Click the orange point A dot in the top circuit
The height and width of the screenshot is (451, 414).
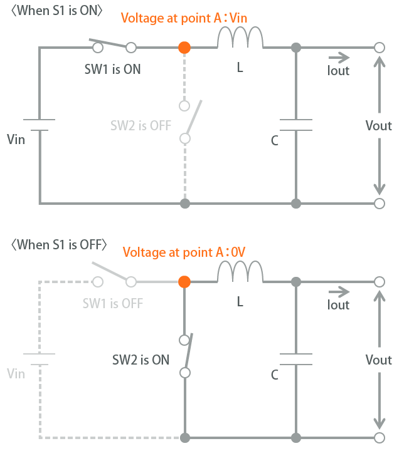point(184,47)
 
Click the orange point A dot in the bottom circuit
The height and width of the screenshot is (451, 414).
point(184,282)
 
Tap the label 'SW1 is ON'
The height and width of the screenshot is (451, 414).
point(113,69)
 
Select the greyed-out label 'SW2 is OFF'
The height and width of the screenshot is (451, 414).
point(141,125)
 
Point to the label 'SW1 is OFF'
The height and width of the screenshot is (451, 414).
point(113,304)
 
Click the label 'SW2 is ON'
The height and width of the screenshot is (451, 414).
point(141,360)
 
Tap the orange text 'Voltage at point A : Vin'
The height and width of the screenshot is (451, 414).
point(184,18)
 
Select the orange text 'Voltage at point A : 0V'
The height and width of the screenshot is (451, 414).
point(184,252)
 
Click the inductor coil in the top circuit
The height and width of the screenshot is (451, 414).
point(240,40)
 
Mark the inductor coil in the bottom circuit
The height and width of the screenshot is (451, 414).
point(240,274)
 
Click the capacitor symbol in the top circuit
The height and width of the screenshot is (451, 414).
point(296,125)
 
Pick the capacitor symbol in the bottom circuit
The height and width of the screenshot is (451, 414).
point(296,359)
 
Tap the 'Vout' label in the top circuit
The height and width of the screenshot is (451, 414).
point(378,125)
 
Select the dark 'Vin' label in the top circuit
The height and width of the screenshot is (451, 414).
point(16,139)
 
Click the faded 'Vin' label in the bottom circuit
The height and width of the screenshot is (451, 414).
point(16,374)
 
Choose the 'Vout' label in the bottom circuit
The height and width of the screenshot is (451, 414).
point(378,360)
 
